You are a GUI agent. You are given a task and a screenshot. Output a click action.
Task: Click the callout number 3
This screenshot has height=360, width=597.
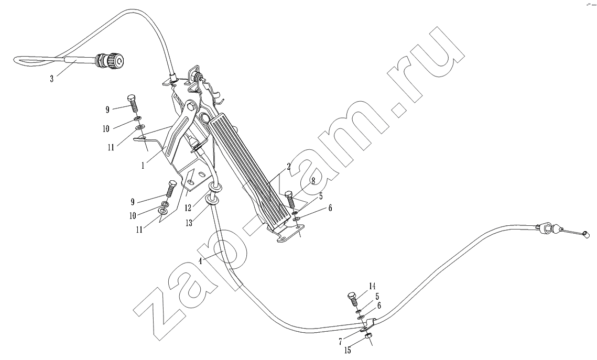tap(52, 79)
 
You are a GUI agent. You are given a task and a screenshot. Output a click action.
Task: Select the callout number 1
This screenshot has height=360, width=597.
tap(143, 166)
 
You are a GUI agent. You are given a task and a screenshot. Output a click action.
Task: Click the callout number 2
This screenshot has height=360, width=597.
tap(289, 166)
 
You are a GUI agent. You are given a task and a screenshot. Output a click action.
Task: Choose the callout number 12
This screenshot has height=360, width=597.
tap(188, 208)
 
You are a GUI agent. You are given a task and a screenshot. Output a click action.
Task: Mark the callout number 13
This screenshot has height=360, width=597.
tap(189, 223)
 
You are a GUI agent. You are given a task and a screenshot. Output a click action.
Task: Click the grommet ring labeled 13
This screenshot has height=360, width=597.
tap(212, 200)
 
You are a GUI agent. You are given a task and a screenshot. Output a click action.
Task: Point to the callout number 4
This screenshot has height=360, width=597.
tap(200, 261)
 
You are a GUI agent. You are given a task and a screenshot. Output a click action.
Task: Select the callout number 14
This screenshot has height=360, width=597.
tap(372, 286)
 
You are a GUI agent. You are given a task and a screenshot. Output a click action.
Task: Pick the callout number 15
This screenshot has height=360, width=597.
tap(348, 351)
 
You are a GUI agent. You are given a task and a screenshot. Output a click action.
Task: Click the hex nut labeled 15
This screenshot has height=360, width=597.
tap(368, 336)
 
